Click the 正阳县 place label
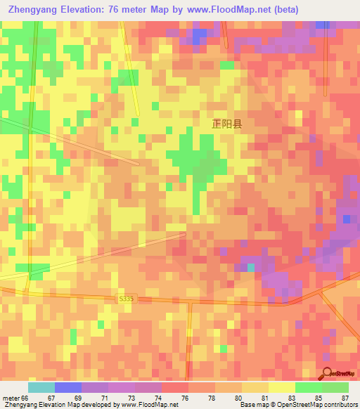227,124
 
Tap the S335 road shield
125,299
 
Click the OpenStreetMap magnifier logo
329,372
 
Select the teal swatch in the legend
41,387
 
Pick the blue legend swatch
67,387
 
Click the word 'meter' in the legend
11,398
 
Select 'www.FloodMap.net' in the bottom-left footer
149,405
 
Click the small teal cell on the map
251,268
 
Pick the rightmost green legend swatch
335,387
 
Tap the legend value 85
319,398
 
